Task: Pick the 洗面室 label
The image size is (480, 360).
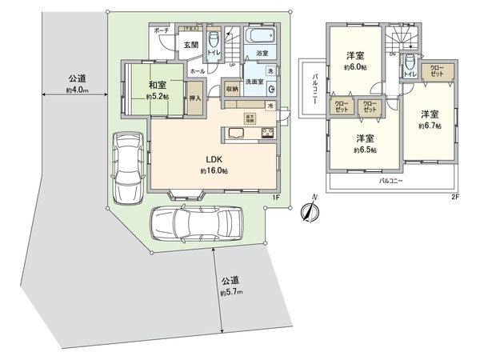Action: pos(255,80)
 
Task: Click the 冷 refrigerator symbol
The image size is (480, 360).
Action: pos(271,106)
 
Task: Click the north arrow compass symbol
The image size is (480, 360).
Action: pos(309,212)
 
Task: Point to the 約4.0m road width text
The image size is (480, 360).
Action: pos(78,90)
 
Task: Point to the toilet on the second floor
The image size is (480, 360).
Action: pos(410,63)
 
